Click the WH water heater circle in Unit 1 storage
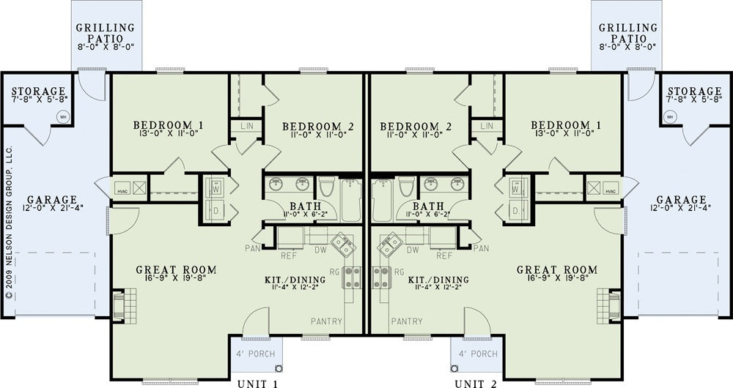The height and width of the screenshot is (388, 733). (63, 116)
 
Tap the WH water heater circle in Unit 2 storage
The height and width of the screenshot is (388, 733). (670, 116)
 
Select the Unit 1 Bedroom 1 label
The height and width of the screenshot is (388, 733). (168, 125)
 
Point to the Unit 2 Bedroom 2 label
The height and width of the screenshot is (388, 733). (410, 127)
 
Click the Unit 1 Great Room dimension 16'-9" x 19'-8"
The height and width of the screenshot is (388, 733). (176, 277)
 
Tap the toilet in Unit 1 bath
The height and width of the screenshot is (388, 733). (326, 186)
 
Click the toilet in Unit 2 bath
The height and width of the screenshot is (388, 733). (407, 186)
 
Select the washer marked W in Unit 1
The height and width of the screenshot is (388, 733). (216, 188)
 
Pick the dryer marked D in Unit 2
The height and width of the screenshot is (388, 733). (515, 211)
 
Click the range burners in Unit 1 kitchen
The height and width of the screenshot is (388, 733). (352, 277)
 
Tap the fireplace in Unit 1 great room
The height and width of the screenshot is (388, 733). (124, 306)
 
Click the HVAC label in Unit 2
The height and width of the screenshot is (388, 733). (610, 191)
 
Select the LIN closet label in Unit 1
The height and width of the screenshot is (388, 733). (247, 126)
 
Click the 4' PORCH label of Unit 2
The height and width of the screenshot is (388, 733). (478, 354)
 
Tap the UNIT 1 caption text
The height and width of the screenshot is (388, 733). (258, 384)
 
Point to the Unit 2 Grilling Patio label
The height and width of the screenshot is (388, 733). (628, 34)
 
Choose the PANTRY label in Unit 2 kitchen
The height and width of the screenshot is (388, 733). (407, 321)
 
